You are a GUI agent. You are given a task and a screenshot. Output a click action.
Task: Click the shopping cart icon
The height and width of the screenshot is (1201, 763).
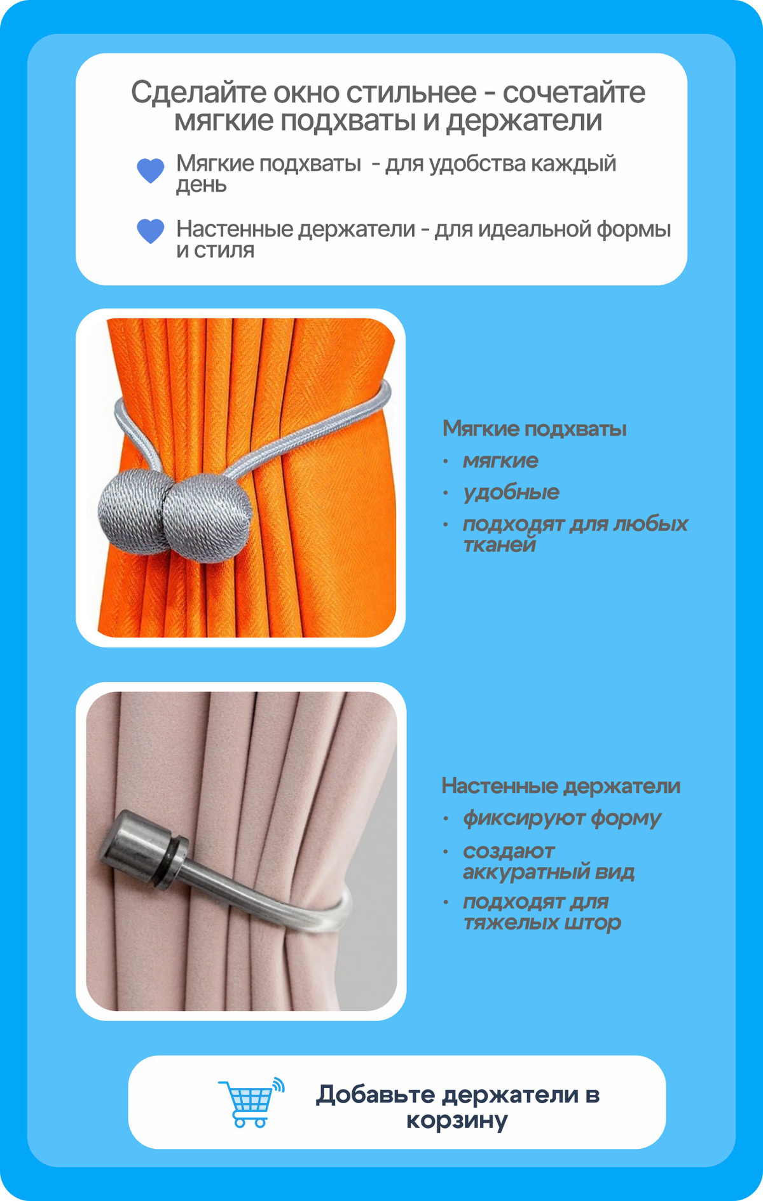pyautogui.click(x=251, y=1103)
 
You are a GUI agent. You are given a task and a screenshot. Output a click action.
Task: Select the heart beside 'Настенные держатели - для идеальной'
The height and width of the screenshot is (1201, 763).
pyautogui.click(x=151, y=231)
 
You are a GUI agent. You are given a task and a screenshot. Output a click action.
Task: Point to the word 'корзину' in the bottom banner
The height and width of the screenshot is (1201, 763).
pyautogui.click(x=457, y=1120)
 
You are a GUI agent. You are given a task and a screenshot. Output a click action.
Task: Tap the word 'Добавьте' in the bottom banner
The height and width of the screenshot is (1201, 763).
pyautogui.click(x=376, y=1094)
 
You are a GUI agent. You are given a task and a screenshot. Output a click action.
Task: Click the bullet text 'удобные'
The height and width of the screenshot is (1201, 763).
pyautogui.click(x=511, y=492)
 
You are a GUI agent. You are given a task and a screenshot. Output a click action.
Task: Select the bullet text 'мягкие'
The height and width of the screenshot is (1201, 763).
pyautogui.click(x=500, y=461)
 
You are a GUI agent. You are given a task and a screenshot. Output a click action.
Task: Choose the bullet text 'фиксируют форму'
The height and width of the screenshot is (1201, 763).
pyautogui.click(x=562, y=818)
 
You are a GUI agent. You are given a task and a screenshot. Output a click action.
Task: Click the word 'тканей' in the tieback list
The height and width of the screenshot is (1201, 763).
pyautogui.click(x=500, y=545)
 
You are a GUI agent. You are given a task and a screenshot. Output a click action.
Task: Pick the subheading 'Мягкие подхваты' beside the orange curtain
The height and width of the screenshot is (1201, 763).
pyautogui.click(x=534, y=429)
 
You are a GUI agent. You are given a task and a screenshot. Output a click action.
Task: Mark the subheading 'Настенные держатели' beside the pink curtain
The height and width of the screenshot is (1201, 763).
pyautogui.click(x=561, y=786)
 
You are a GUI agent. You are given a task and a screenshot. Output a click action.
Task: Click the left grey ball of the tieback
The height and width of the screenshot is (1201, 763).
pyautogui.click(x=132, y=512)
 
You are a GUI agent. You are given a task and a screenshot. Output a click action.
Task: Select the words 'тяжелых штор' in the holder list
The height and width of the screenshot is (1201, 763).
pyautogui.click(x=542, y=923)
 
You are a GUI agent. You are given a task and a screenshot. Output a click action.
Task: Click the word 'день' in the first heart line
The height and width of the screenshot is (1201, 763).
pyautogui.click(x=202, y=185)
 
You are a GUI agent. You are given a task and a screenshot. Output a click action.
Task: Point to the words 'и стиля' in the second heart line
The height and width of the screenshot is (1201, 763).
pyautogui.click(x=215, y=250)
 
